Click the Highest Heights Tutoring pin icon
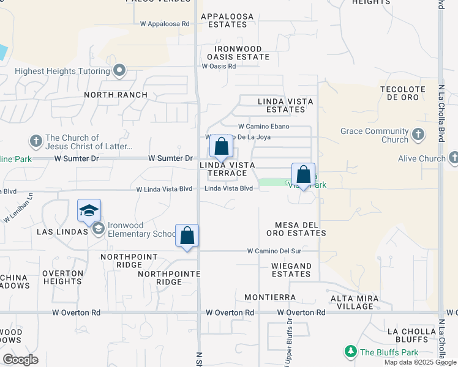[x=119, y=71]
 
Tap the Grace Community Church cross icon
[x=418, y=134]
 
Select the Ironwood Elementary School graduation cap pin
[x=89, y=210]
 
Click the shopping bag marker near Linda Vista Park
[x=303, y=175]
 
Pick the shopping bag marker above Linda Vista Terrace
[x=221, y=147]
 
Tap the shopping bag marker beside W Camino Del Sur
[x=187, y=235]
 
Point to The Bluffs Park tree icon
[x=350, y=352]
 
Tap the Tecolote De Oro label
[x=403, y=93]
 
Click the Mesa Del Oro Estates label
[x=296, y=229]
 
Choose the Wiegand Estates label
[x=292, y=270]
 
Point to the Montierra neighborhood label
[x=270, y=297]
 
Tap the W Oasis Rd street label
[x=219, y=66]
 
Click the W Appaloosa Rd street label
[x=165, y=24]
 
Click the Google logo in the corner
[x=20, y=360]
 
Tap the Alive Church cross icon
[x=454, y=158]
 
